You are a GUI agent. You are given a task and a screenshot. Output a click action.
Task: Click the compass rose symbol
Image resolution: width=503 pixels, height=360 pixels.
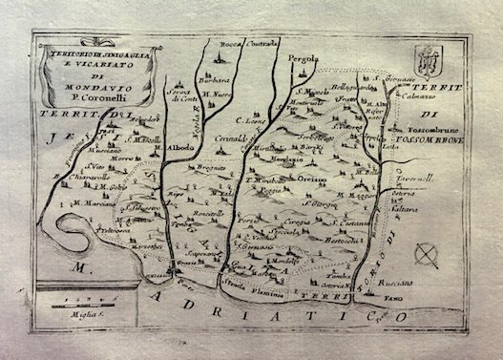[428, 254]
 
